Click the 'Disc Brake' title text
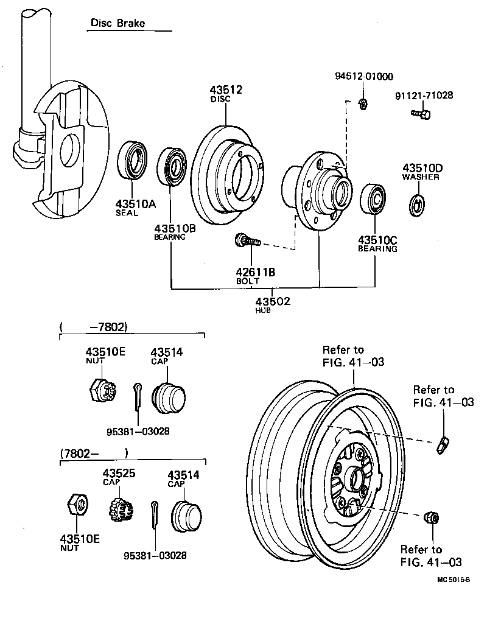(118, 23)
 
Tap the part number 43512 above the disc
(226, 90)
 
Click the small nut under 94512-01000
(362, 103)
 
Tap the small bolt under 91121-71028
(421, 113)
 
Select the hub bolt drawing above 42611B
(247, 242)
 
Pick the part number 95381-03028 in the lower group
(155, 555)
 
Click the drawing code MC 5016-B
(453, 580)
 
